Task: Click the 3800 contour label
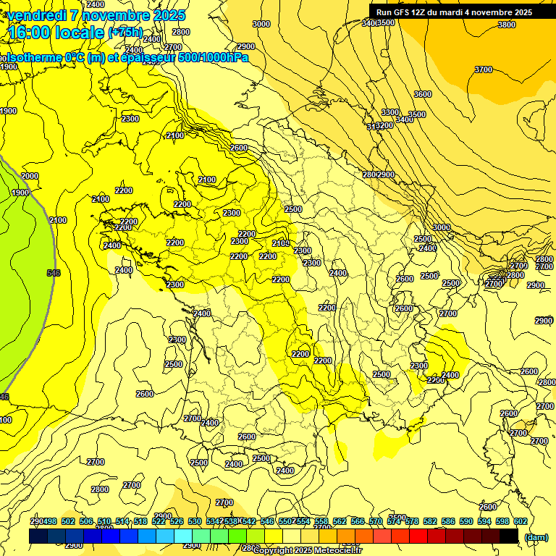pyautogui.click(x=507, y=25)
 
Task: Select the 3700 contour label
pyautogui.click(x=483, y=69)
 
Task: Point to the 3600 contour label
pyautogui.click(x=423, y=95)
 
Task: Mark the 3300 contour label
pyautogui.click(x=390, y=112)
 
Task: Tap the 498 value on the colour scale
pyautogui.click(x=49, y=521)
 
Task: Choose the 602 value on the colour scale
pyautogui.click(x=520, y=521)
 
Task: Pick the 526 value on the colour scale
pyautogui.click(x=177, y=521)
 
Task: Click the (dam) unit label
pyautogui.click(x=536, y=537)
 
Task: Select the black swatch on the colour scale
pyautogui.click(x=509, y=536)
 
